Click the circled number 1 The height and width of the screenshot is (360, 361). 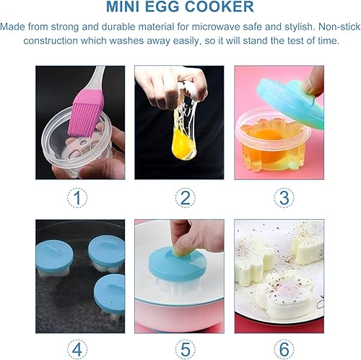(x=80, y=197)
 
